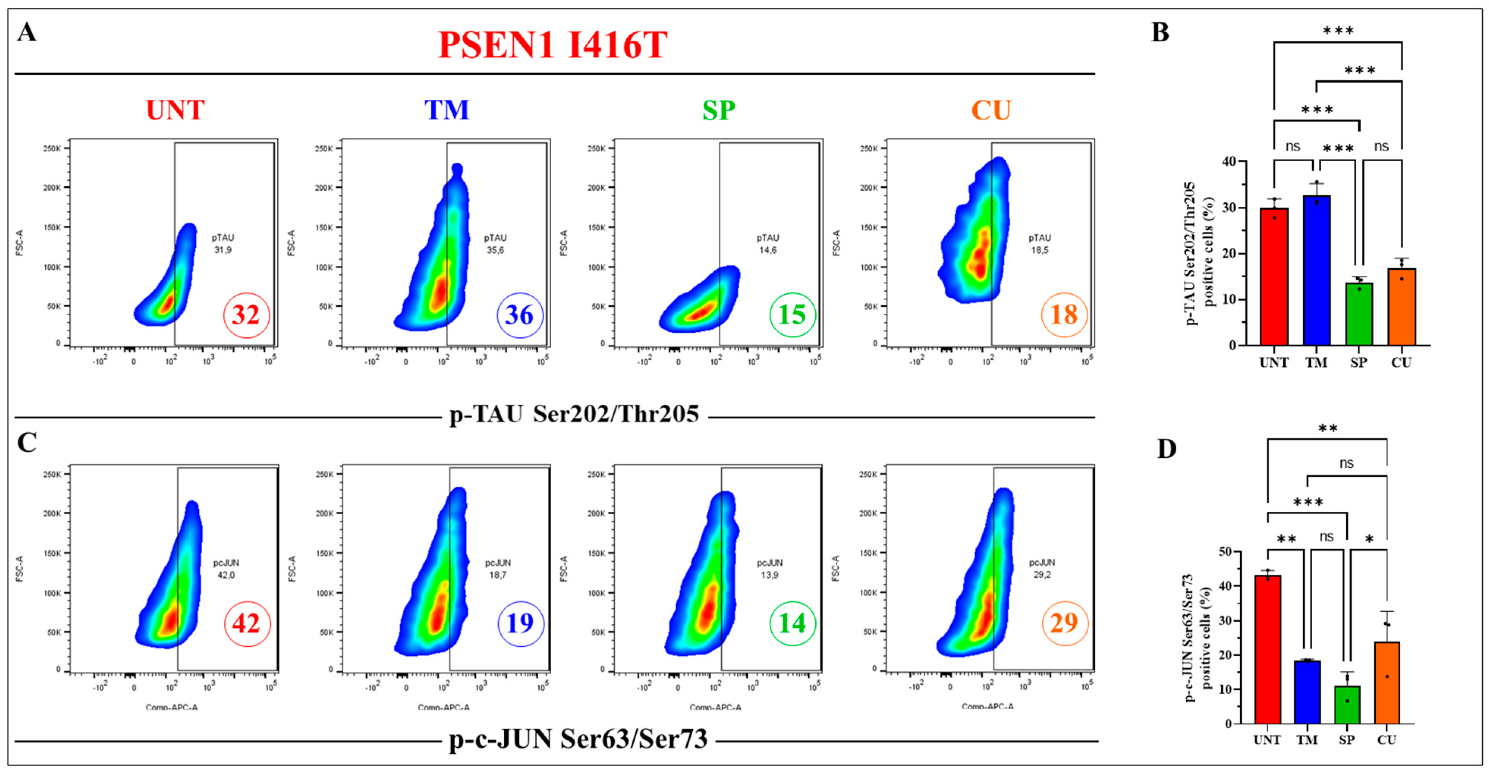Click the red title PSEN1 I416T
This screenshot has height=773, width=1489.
click(x=552, y=45)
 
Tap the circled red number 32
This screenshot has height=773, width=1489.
click(x=246, y=315)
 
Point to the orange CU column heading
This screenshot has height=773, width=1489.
click(x=991, y=110)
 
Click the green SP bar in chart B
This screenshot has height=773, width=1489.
click(x=1358, y=315)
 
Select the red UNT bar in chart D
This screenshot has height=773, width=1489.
click(x=1267, y=650)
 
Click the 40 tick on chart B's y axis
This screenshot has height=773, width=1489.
click(x=1230, y=161)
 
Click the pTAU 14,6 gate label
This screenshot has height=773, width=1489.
click(x=767, y=244)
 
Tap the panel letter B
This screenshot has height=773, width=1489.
click(x=1160, y=32)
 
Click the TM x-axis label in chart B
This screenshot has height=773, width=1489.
click(x=1316, y=363)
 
